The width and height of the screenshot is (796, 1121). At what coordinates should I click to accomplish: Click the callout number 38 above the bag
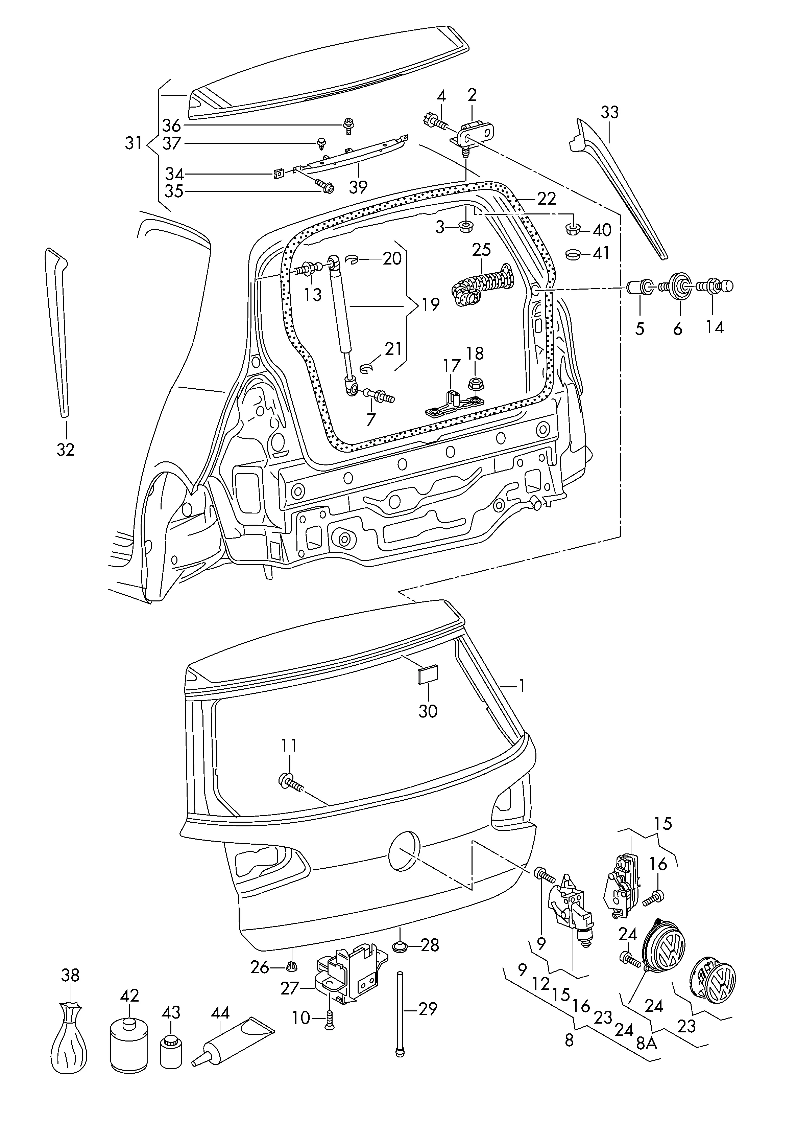point(70,975)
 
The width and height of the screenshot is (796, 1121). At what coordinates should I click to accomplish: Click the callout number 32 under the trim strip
point(65,450)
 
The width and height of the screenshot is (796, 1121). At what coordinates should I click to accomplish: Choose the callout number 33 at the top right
point(610,112)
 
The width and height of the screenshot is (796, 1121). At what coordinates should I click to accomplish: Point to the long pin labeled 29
point(401,1010)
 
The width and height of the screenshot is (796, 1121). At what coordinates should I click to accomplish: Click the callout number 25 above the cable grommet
point(481,250)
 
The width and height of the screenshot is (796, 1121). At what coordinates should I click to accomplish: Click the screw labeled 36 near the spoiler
point(349,125)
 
